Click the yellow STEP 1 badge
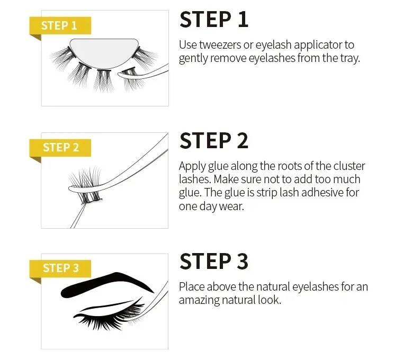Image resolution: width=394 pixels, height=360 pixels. (x=59, y=25)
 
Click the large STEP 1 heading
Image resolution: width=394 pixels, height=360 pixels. (x=213, y=20)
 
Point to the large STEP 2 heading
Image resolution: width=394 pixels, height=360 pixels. (x=213, y=141)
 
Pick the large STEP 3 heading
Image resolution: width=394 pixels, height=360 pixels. (x=213, y=262)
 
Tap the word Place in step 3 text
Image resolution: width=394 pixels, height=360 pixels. (x=191, y=287)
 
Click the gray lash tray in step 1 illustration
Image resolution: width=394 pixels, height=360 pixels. (x=106, y=51)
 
